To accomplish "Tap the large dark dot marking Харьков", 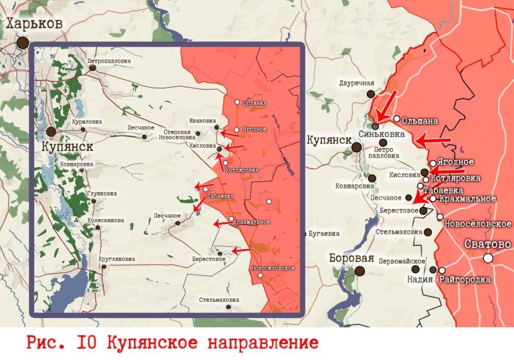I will point(22,43).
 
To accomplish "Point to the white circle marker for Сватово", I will point(488,258).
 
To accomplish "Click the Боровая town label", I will point(351,258).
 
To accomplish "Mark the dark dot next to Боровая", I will point(360,271).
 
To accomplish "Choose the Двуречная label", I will point(357,83).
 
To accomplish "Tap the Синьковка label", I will point(382,134).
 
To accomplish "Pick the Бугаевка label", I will point(324,233).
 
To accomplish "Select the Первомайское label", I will point(402,261).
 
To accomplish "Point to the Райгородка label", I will point(465,280).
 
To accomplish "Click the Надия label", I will point(420,280).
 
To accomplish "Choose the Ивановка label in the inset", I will point(203,121).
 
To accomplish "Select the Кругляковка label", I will point(117,259).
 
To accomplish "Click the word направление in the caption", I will point(261,343).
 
